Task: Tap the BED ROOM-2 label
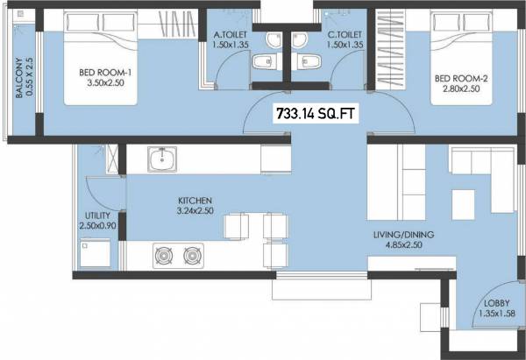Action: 460,77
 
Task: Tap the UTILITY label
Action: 97,215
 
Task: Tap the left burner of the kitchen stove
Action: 163,257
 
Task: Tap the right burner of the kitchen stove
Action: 192,257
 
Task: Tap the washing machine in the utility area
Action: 96,256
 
